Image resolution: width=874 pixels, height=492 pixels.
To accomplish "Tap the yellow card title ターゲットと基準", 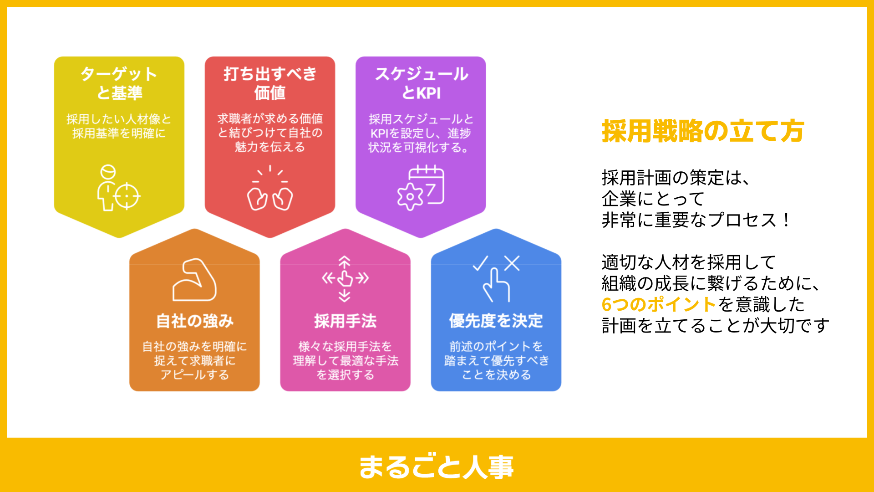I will (x=119, y=83).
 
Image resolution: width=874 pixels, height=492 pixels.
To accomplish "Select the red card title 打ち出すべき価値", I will (x=270, y=83).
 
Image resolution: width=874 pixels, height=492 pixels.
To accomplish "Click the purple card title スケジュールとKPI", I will (x=421, y=83).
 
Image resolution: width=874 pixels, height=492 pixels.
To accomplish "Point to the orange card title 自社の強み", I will (x=195, y=321).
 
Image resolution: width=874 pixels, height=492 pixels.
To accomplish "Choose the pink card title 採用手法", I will (x=346, y=321).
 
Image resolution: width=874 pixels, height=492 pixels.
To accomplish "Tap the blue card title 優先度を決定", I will (x=496, y=321).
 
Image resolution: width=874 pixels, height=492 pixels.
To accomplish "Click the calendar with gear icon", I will (x=421, y=188).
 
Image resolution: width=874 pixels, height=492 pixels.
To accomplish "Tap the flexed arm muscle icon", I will (x=195, y=280).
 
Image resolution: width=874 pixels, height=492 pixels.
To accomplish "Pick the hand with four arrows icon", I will (x=345, y=278).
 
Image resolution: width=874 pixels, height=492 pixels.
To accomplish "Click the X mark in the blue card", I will (x=512, y=263).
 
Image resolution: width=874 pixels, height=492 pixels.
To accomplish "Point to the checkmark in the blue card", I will (x=480, y=263).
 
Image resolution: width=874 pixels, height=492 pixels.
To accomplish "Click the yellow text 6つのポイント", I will (x=659, y=304).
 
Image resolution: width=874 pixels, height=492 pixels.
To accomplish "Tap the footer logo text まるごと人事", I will (x=436, y=466).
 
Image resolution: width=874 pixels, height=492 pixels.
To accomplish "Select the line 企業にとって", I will (x=653, y=199).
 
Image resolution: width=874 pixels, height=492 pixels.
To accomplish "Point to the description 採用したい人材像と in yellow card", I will (x=119, y=119).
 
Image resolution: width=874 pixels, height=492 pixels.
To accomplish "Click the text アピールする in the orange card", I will (x=195, y=375).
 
